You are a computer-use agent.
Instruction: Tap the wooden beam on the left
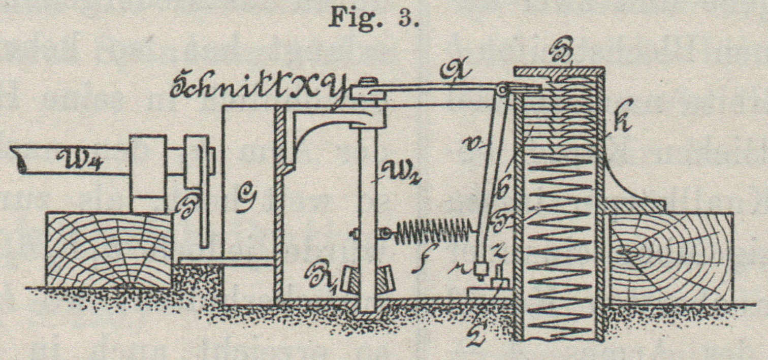109,250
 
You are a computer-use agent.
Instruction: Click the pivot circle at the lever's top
502,89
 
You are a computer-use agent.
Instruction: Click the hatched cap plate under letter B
559,72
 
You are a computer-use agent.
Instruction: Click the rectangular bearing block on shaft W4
148,173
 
